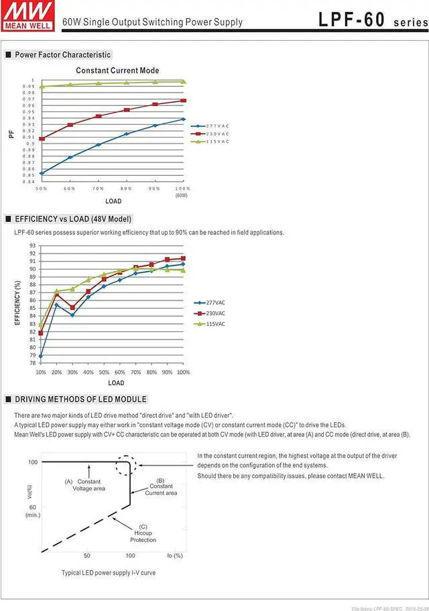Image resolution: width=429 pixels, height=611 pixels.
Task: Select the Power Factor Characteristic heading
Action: pyautogui.click(x=62, y=54)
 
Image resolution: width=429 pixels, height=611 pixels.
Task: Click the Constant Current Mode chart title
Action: pyautogui.click(x=117, y=70)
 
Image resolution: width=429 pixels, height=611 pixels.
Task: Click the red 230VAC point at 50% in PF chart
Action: pyautogui.click(x=42, y=139)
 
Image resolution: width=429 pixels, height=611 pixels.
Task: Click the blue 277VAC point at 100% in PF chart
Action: pyautogui.click(x=183, y=119)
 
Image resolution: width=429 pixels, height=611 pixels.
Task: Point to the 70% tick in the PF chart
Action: pyautogui.click(x=98, y=189)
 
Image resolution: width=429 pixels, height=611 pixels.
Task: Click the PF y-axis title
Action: pyautogui.click(x=11, y=133)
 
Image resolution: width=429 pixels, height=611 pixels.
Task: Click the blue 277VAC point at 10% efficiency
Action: pyautogui.click(x=41, y=356)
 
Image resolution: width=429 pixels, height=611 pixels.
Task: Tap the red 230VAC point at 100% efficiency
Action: pyautogui.click(x=183, y=258)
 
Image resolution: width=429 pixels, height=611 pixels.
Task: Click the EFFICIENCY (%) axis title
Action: pyautogui.click(x=18, y=304)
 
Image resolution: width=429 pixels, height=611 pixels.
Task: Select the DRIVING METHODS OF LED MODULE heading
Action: pyautogui.click(x=80, y=399)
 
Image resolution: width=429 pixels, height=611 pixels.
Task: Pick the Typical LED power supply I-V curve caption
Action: pyautogui.click(x=109, y=573)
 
